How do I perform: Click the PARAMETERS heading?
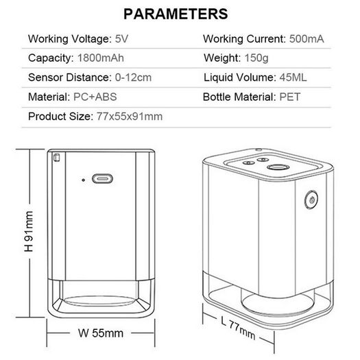click(x=176, y=14)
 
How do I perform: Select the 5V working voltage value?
click(x=121, y=39)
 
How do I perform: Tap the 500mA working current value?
click(x=307, y=39)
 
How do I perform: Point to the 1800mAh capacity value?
click(x=101, y=58)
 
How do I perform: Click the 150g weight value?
click(x=256, y=58)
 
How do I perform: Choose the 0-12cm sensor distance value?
click(x=133, y=77)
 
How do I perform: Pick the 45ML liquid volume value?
click(x=293, y=77)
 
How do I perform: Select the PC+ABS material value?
click(x=95, y=97)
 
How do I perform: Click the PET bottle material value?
click(x=290, y=97)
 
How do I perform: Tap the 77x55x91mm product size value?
click(x=130, y=117)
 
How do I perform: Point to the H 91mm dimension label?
click(x=29, y=231)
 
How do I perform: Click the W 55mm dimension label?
click(x=101, y=333)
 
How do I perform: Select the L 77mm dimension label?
click(x=238, y=328)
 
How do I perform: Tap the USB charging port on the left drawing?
click(x=102, y=178)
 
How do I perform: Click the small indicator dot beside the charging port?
click(x=84, y=180)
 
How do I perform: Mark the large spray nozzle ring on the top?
click(x=278, y=167)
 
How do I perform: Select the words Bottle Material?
click(x=239, y=97)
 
